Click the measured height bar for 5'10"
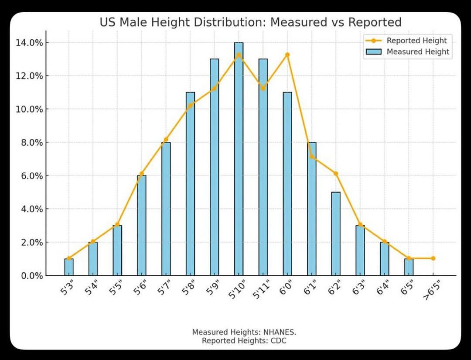click(x=239, y=159)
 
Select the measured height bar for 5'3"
click(x=69, y=267)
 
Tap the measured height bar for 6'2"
click(x=336, y=233)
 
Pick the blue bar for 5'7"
click(x=166, y=209)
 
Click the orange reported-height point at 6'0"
click(x=287, y=55)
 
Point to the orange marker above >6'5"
click(x=433, y=258)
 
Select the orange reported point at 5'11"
click(x=263, y=88)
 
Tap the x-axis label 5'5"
click(x=115, y=288)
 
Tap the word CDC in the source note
click(x=278, y=341)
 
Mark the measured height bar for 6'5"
click(x=409, y=267)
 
